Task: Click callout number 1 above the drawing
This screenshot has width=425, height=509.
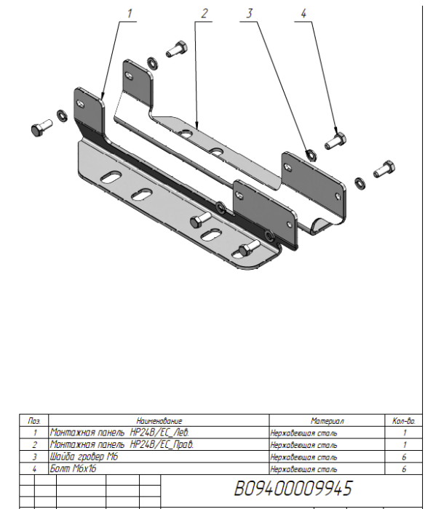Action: [x=130, y=13]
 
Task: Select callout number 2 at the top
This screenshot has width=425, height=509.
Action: [x=204, y=13]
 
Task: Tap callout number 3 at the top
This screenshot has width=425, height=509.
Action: [x=250, y=13]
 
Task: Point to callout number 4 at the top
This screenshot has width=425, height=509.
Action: [x=304, y=13]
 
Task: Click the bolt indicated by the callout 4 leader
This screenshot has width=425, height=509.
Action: [x=335, y=139]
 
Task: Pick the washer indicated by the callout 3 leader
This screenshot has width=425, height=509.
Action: [x=309, y=153]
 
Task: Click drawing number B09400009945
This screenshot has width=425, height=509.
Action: [x=293, y=486]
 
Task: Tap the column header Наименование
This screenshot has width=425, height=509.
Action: [x=159, y=421]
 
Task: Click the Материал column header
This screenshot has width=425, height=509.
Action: [x=326, y=421]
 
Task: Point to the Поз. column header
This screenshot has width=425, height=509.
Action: [x=33, y=421]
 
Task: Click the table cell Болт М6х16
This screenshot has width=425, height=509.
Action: [x=73, y=469]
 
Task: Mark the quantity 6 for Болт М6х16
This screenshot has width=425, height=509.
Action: [x=404, y=469]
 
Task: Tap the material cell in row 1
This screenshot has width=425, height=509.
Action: [x=303, y=433]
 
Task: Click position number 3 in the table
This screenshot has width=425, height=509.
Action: [x=33, y=457]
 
